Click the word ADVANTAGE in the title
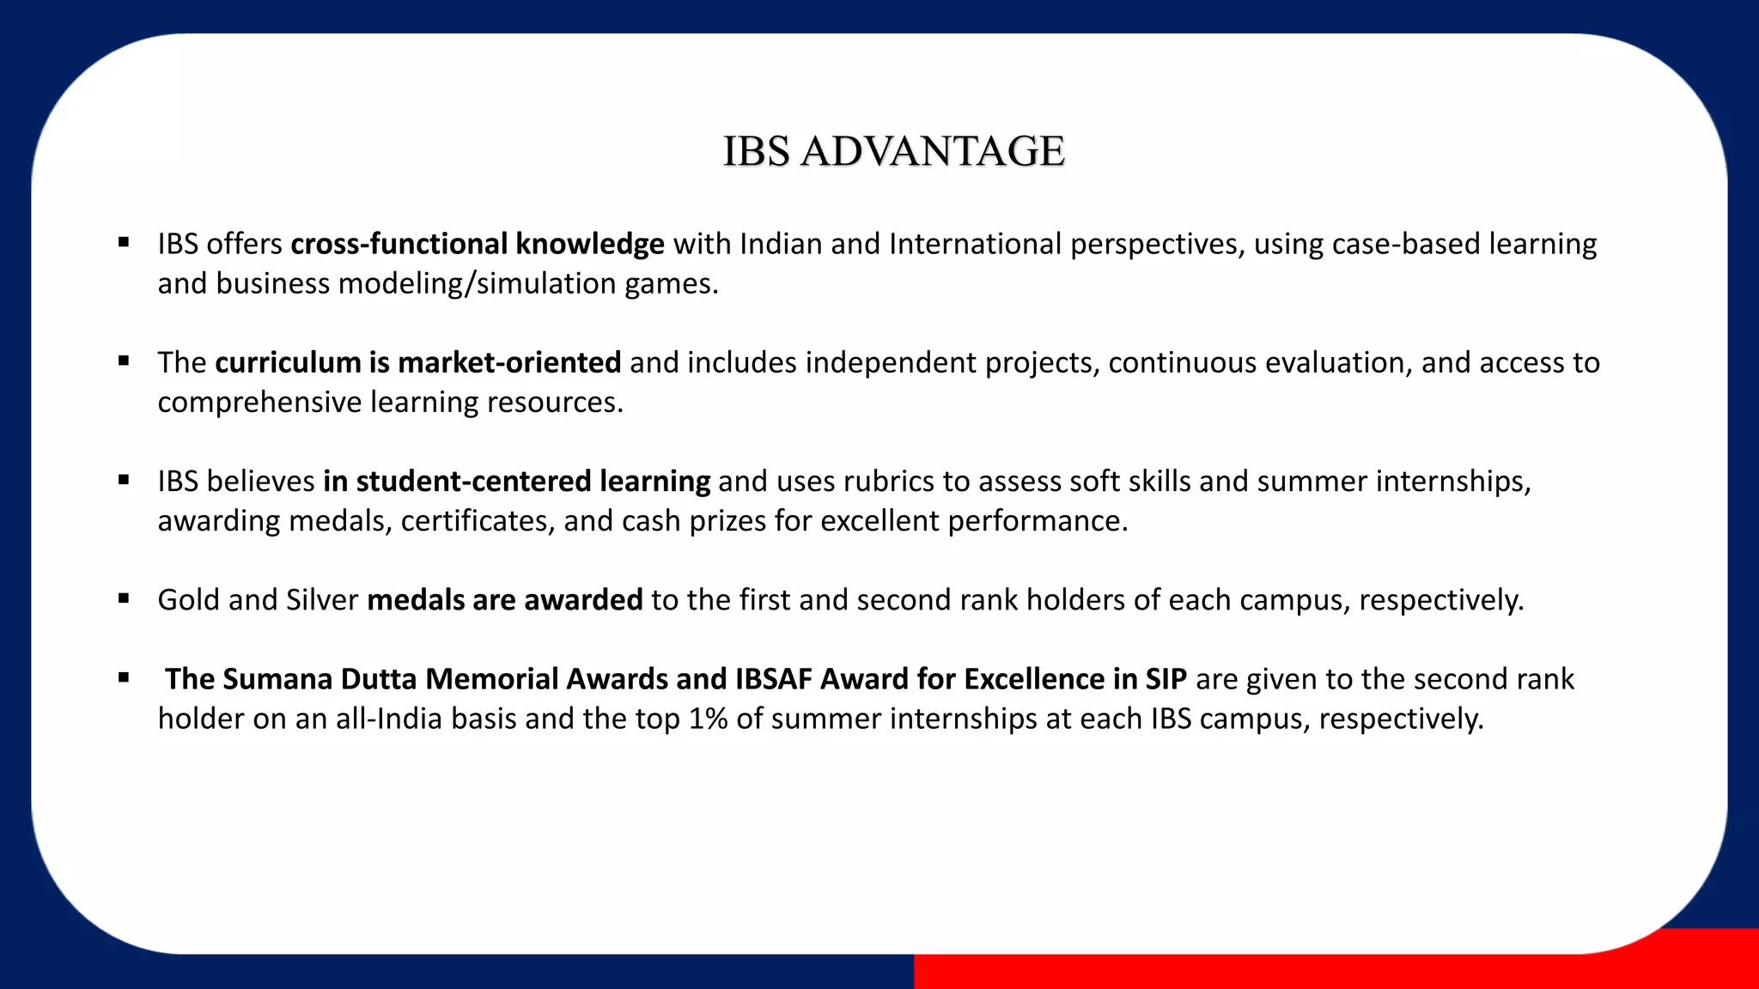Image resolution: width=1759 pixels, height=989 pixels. [932, 151]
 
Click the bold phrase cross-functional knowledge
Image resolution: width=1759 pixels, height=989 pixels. [477, 244]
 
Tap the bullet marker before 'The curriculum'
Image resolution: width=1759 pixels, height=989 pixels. [124, 361]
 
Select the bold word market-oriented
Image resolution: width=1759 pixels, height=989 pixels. [509, 362]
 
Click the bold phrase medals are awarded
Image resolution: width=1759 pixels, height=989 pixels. [504, 600]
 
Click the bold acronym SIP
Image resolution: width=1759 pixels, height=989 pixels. [1166, 679]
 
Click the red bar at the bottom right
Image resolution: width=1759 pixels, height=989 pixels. [1331, 972]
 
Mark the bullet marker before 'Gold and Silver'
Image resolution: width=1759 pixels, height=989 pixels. [124, 599]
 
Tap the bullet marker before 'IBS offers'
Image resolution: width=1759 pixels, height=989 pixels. [124, 243]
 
